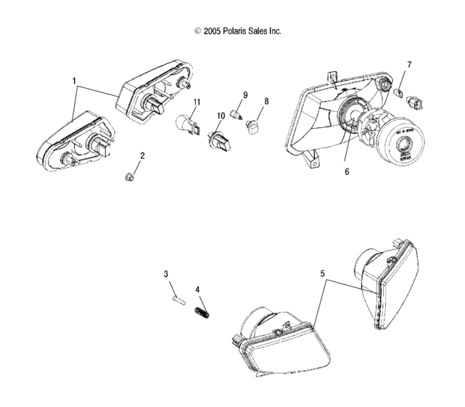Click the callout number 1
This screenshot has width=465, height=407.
74,78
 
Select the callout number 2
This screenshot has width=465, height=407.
142,156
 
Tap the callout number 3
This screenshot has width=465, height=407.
165,274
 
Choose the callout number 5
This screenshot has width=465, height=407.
322,274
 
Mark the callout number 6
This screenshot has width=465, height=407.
347,172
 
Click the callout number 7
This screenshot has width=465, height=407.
408,65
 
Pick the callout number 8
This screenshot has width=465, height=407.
266,101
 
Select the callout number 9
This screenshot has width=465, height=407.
245,95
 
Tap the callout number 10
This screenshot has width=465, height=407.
221,116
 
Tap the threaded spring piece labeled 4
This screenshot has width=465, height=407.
202,313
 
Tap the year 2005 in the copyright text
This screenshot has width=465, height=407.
211,31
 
